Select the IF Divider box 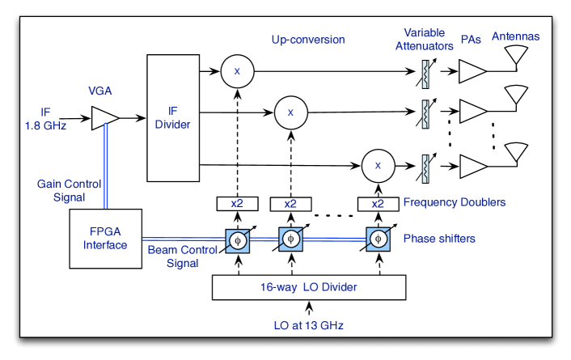pyautogui.click(x=171, y=117)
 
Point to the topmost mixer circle pyautogui.click(x=237, y=72)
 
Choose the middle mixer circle pyautogui.click(x=290, y=112)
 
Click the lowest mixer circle pyautogui.click(x=377, y=165)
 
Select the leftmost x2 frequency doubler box pyautogui.click(x=237, y=204)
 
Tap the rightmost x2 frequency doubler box pyautogui.click(x=377, y=204)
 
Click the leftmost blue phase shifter pyautogui.click(x=237, y=240)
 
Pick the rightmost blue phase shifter pyautogui.click(x=377, y=240)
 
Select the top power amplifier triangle pyautogui.click(x=472, y=72)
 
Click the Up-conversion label pyautogui.click(x=308, y=39)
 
